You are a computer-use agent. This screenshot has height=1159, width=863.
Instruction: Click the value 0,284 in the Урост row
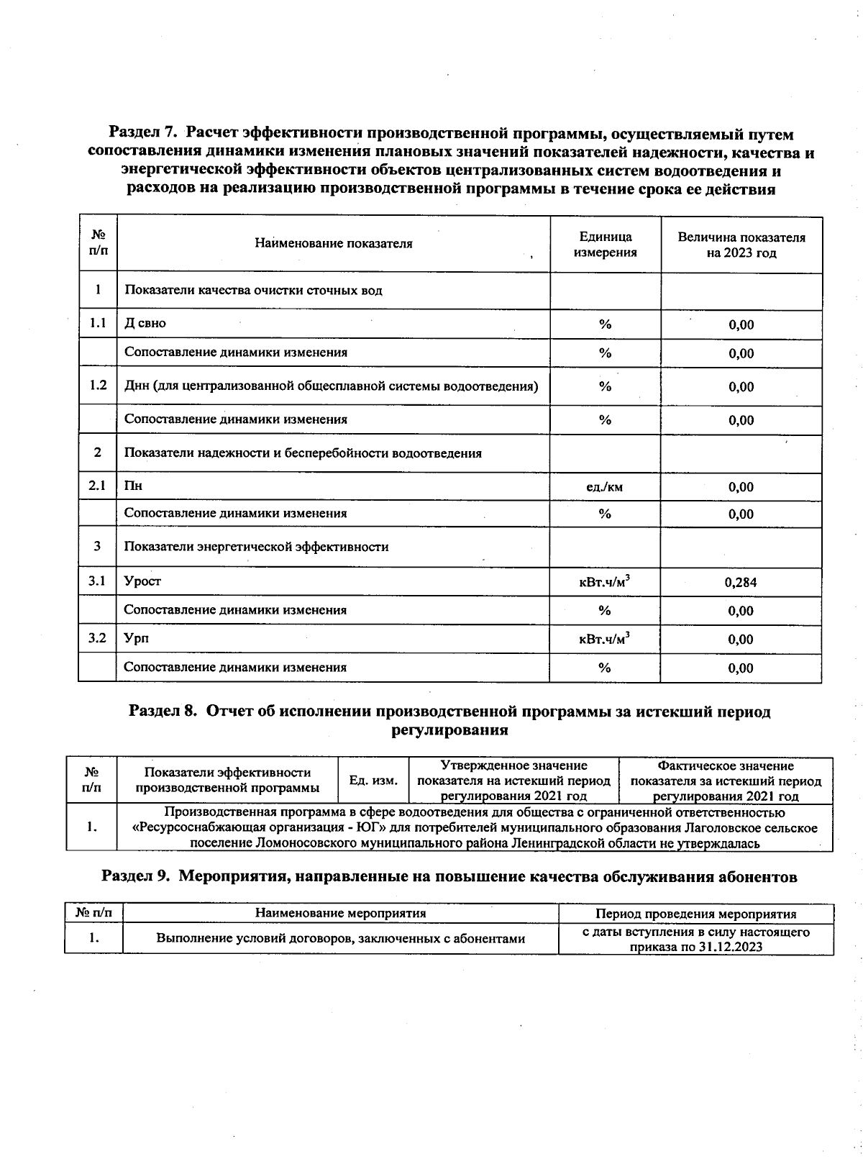741,582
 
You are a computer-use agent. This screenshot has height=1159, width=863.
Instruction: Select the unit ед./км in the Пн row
605,487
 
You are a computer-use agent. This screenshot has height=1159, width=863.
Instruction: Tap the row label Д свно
145,323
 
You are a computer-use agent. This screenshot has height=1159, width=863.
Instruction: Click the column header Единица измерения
605,245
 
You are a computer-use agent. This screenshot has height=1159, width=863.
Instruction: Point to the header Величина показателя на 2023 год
741,245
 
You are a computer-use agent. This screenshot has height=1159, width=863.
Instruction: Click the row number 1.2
98,386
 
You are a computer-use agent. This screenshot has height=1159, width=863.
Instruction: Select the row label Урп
136,638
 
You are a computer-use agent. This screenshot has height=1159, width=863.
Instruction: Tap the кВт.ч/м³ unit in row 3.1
605,581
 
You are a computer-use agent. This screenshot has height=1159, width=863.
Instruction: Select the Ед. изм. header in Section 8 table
373,780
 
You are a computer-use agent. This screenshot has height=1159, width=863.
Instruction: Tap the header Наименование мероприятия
340,914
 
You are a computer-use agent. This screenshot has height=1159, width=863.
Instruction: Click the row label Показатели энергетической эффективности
256,547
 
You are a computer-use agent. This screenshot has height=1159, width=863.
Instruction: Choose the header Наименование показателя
334,243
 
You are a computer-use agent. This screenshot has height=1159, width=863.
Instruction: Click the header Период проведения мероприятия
695,914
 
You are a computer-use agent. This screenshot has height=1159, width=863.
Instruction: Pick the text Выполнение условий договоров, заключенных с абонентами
340,938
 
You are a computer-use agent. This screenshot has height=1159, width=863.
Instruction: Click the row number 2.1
98,486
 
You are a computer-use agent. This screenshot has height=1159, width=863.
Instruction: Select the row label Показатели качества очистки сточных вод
253,291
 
